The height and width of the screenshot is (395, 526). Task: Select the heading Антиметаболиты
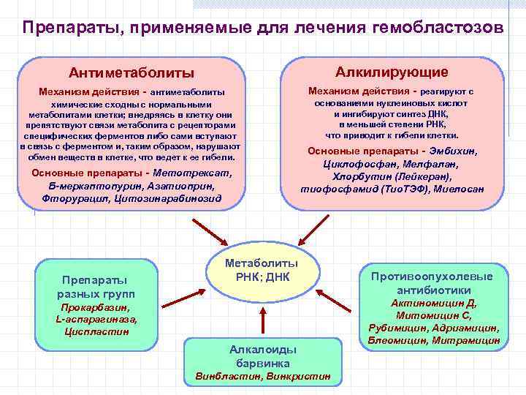point(131,73)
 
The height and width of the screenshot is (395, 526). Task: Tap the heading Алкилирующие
point(392,72)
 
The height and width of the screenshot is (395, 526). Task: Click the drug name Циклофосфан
point(354,164)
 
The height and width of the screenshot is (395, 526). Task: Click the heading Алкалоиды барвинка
point(262,356)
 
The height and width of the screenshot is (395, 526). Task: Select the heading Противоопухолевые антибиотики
point(432,283)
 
